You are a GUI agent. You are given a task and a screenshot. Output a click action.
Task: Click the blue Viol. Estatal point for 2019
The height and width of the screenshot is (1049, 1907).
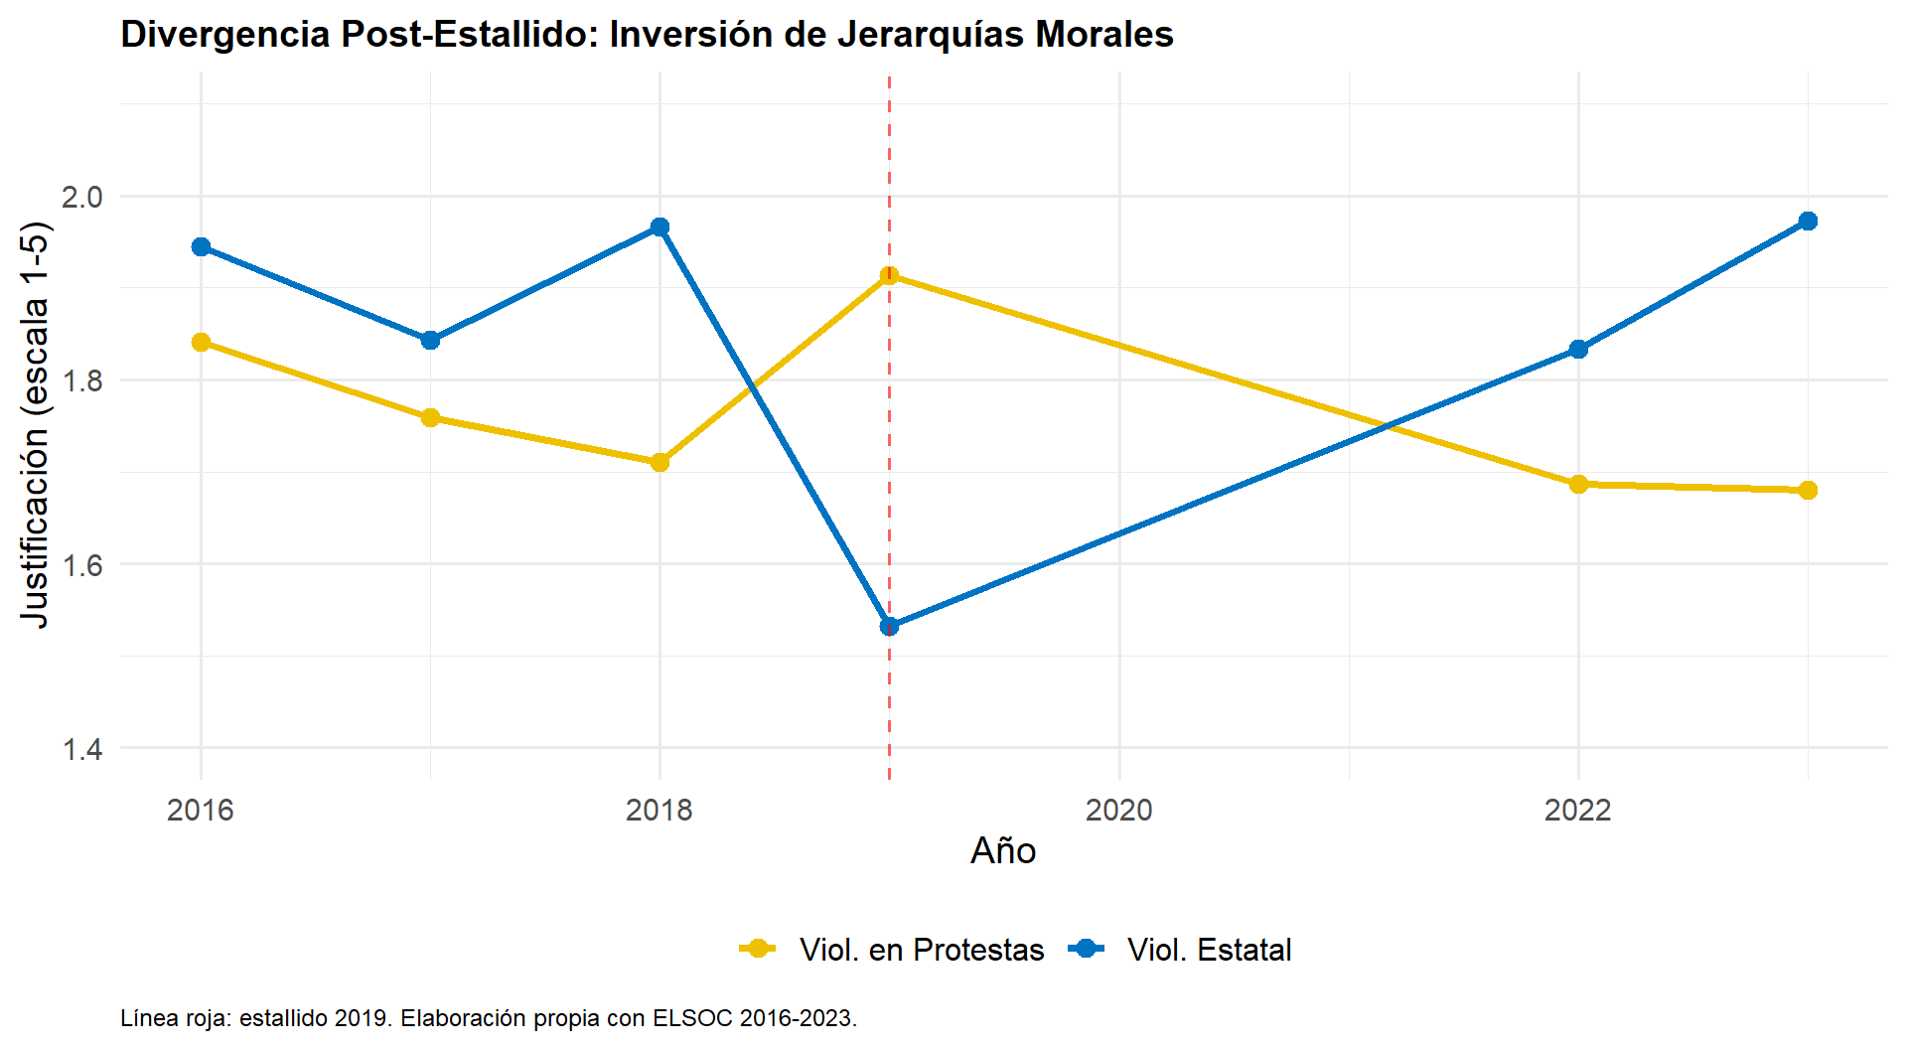[x=889, y=626]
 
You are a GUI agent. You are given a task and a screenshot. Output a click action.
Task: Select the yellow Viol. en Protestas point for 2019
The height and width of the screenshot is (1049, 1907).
[x=889, y=275]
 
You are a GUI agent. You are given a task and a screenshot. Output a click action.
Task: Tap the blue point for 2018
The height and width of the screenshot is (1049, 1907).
[x=660, y=226]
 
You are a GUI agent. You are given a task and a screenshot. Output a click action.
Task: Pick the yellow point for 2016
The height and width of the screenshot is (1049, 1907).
[x=201, y=342]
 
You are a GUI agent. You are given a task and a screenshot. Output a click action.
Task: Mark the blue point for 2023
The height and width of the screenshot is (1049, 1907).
[x=1808, y=221]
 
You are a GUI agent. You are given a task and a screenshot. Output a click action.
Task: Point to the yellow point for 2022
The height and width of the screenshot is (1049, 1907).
[x=1578, y=484]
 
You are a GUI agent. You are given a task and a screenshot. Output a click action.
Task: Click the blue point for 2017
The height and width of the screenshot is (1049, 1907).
[x=430, y=340]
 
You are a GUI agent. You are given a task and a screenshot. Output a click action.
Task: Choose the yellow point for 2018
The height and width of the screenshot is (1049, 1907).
[x=660, y=462]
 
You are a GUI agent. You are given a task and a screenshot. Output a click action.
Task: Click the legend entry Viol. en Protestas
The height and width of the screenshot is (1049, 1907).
[x=921, y=950]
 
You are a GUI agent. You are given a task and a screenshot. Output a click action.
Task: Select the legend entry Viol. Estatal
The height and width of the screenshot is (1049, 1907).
[x=1209, y=950]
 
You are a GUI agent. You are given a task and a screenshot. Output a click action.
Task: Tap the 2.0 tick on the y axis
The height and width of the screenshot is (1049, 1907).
[x=81, y=197]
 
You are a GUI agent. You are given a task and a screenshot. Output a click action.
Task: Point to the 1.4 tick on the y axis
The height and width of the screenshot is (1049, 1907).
[x=81, y=749]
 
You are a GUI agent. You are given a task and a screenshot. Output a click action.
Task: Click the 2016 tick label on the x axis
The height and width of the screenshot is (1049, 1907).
[x=201, y=811]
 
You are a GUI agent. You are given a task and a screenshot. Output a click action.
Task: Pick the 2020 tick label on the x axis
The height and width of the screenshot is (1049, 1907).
[x=1118, y=811]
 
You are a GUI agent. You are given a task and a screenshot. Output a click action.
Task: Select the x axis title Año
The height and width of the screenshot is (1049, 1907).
[x=1003, y=851]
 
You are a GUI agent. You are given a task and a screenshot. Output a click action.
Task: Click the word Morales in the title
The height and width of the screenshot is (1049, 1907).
[x=1104, y=35]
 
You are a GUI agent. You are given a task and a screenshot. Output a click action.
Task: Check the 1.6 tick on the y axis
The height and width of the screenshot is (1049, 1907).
[x=81, y=565]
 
